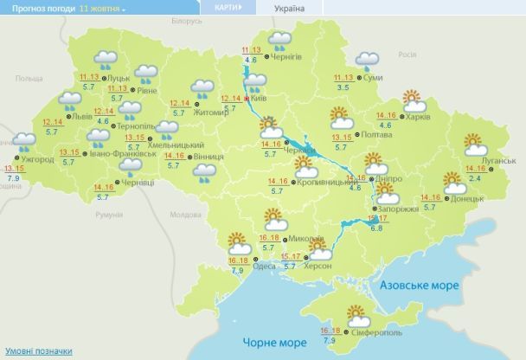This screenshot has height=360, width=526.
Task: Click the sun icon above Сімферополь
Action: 356,315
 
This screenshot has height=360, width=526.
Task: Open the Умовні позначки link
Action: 39,351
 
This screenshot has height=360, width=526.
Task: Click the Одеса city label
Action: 264,266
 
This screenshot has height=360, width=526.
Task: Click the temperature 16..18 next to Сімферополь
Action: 330,331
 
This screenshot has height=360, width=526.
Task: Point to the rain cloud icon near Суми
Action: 369,61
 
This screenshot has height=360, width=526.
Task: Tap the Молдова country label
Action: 186,214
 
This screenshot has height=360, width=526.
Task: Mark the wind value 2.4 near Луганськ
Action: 474,178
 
